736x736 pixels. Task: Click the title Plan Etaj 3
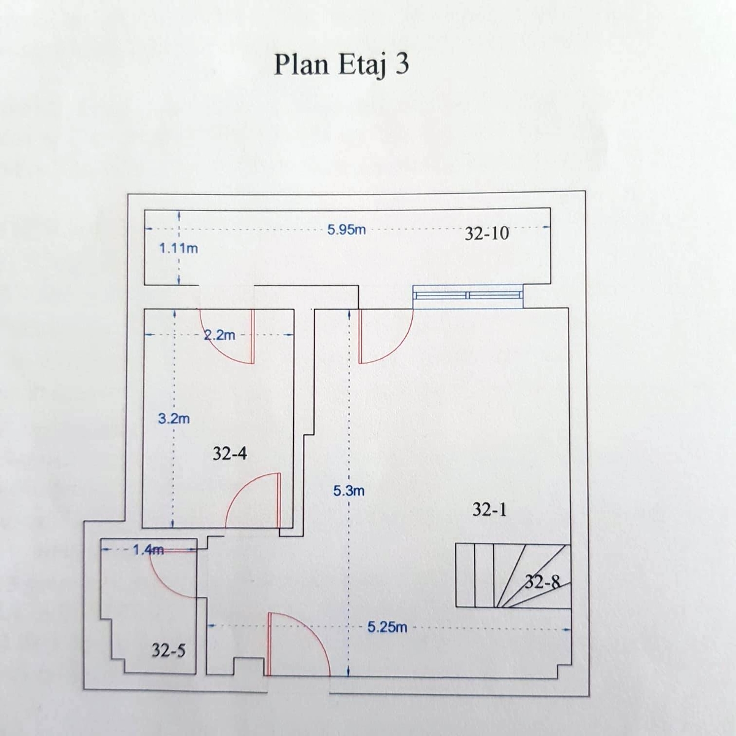(x=342, y=65)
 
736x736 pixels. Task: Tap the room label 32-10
(x=486, y=233)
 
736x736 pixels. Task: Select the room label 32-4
(x=229, y=454)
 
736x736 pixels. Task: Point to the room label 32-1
(x=489, y=509)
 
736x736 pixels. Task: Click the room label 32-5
(x=169, y=650)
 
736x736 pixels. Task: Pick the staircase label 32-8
(x=543, y=581)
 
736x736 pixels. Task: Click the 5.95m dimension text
(x=347, y=229)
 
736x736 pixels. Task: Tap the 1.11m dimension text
(x=178, y=248)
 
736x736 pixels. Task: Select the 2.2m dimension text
(x=219, y=335)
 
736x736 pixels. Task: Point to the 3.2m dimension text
(x=174, y=419)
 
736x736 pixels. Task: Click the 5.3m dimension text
(x=349, y=491)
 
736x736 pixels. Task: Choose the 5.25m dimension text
(x=387, y=627)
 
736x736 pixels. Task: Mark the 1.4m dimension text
(x=148, y=550)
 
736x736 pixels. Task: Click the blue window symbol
(x=468, y=296)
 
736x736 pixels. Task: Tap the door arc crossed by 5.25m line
(x=299, y=645)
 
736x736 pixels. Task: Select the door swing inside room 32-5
(x=172, y=573)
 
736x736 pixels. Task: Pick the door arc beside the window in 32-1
(x=386, y=336)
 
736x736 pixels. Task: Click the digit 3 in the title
(x=402, y=64)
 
